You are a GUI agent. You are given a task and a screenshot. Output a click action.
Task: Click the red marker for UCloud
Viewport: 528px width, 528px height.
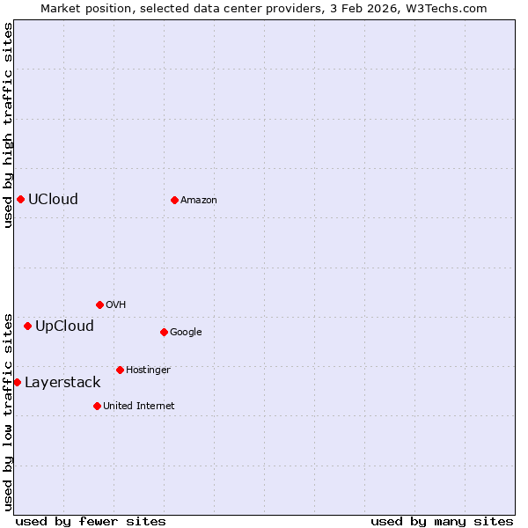(x=20, y=199)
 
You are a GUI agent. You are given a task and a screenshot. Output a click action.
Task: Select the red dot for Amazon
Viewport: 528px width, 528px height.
(x=174, y=200)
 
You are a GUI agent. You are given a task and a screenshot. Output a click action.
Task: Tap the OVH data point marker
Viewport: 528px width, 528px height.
(x=99, y=304)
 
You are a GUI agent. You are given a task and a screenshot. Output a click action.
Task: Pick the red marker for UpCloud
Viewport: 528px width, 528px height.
(x=27, y=326)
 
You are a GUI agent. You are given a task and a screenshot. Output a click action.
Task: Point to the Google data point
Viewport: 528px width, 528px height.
(x=164, y=332)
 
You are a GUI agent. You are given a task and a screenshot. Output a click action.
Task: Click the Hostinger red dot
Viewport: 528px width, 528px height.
(x=120, y=370)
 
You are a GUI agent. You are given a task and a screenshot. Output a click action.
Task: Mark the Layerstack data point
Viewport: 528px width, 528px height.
(x=17, y=382)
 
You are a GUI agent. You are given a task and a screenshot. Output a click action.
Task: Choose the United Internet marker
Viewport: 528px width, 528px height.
(x=97, y=406)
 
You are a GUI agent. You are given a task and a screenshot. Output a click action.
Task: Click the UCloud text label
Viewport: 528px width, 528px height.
(x=53, y=199)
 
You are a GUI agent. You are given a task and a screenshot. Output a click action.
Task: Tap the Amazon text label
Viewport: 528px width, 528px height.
(x=199, y=201)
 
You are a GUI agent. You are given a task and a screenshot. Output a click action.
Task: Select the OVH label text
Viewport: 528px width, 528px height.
(x=116, y=305)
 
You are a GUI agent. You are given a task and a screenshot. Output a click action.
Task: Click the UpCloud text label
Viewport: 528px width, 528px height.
(x=64, y=326)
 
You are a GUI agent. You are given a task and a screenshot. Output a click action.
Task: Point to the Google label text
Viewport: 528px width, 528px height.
(x=186, y=333)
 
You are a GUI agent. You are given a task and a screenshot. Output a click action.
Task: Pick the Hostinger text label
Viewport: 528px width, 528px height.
(x=148, y=370)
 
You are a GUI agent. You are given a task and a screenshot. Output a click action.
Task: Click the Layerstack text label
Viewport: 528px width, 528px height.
(x=62, y=383)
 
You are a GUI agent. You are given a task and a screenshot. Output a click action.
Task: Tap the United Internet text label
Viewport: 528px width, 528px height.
(x=139, y=407)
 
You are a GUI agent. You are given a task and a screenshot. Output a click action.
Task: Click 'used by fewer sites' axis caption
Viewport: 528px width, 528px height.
(x=91, y=521)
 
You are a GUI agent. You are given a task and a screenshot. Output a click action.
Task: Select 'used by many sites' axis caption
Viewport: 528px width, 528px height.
(x=442, y=521)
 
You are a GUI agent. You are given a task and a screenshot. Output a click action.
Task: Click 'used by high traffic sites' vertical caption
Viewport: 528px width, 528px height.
(x=8, y=125)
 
